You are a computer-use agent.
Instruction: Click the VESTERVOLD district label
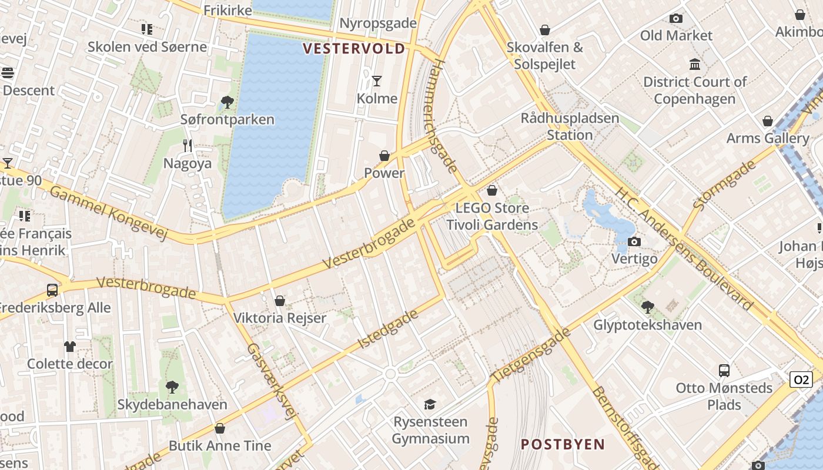pyautogui.click(x=354, y=48)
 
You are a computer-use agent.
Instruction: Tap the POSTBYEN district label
pyautogui.click(x=563, y=444)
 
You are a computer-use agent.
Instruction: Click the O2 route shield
pyautogui.click(x=801, y=380)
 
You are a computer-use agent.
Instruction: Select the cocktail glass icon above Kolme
pyautogui.click(x=377, y=80)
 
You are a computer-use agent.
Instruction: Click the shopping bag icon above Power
pyautogui.click(x=384, y=156)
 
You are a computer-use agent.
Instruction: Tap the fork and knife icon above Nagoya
pyautogui.click(x=188, y=145)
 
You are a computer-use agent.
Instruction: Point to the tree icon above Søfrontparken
pyautogui.click(x=227, y=103)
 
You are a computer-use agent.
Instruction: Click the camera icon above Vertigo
pyautogui.click(x=634, y=241)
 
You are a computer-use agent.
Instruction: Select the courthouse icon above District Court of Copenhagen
pyautogui.click(x=694, y=64)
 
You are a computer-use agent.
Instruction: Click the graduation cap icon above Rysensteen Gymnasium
pyautogui.click(x=430, y=404)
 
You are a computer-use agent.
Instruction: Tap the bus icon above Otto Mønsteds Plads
pyautogui.click(x=724, y=371)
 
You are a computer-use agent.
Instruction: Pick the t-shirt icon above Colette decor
pyautogui.click(x=70, y=347)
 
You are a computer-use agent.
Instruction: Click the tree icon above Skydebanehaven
pyautogui.click(x=172, y=387)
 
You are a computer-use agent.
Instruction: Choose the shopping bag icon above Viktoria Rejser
pyautogui.click(x=279, y=301)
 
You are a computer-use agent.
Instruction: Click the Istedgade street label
pyautogui.click(x=387, y=329)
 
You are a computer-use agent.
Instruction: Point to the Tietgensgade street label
pyautogui.click(x=530, y=356)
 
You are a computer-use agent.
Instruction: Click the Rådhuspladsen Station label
pyautogui.click(x=570, y=126)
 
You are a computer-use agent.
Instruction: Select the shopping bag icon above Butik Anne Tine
pyautogui.click(x=220, y=428)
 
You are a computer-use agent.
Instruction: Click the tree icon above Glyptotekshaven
pyautogui.click(x=647, y=307)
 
